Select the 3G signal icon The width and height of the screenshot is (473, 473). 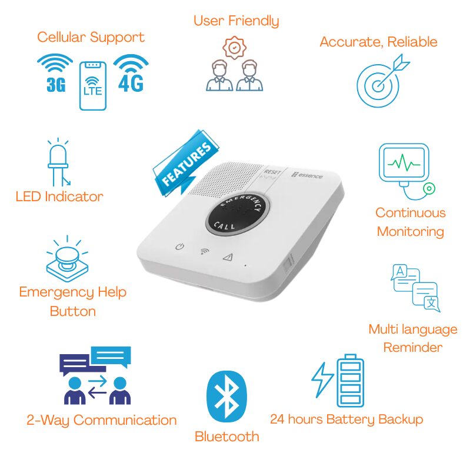55,74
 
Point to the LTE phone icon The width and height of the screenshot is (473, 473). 92,85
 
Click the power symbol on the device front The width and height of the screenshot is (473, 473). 180,247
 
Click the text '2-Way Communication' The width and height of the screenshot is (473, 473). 101,420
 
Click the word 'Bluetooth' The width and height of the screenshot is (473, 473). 226,437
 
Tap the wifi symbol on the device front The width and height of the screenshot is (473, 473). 204,251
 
